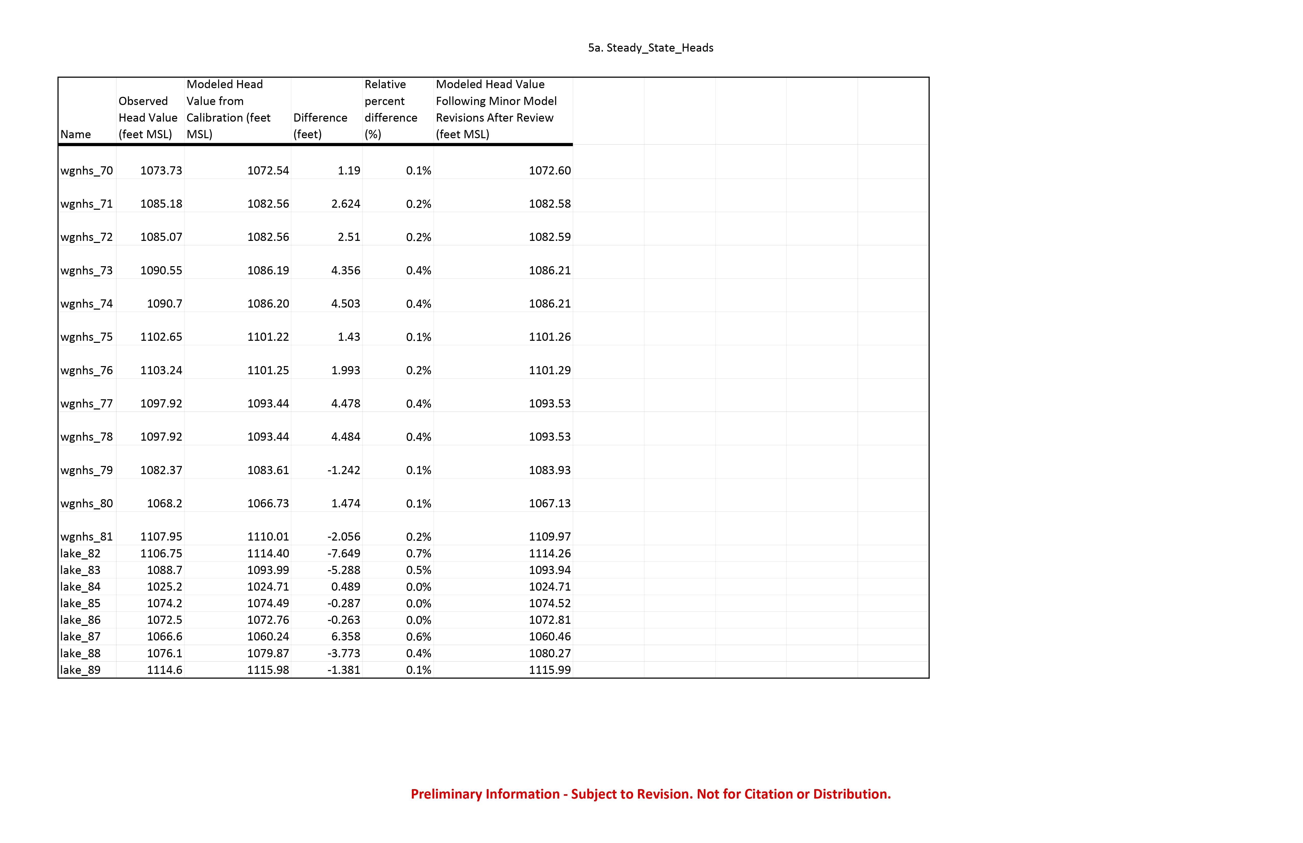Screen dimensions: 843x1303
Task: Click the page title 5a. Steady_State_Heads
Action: (650, 48)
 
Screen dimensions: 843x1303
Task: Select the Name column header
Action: (76, 134)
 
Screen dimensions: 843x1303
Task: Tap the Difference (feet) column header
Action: (320, 126)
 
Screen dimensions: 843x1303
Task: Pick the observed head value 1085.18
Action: (161, 204)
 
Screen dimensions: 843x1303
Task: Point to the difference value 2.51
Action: (349, 237)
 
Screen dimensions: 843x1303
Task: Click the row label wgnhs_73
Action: (87, 271)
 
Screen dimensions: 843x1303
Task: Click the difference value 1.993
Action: (345, 370)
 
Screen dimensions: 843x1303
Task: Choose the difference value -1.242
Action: (343, 470)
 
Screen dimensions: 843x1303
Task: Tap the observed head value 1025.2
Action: (164, 587)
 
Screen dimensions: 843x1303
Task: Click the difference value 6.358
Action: (345, 637)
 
